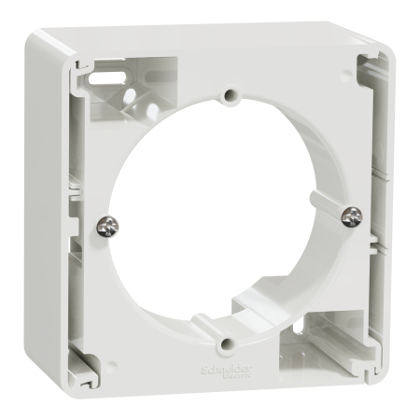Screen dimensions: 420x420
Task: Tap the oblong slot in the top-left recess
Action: click(113, 69)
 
